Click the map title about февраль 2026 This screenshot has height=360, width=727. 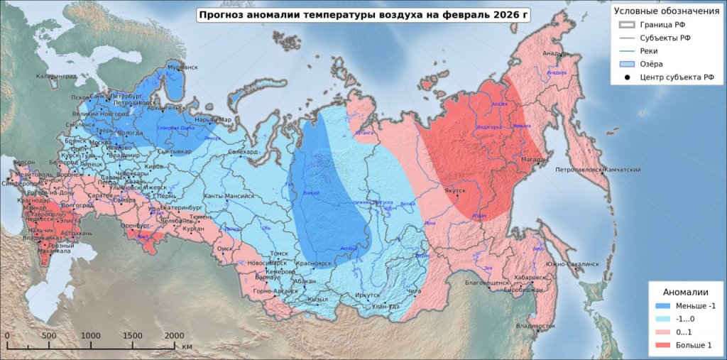tap(363, 14)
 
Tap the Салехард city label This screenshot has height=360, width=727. tap(244, 152)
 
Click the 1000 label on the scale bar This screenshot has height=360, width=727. tap(91, 336)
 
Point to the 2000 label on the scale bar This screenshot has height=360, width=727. tap(174, 336)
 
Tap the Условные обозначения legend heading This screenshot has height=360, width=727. tap(666, 11)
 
